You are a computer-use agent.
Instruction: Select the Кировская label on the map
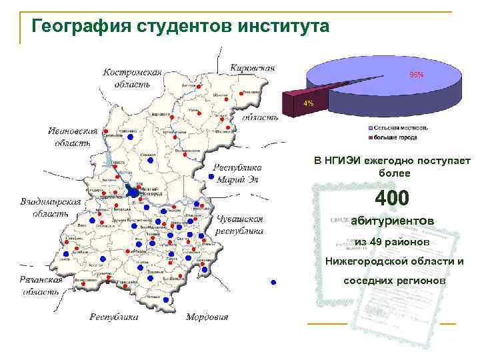click(x=252, y=68)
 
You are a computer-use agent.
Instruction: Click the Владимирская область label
click(x=51, y=207)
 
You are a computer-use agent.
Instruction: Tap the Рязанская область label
click(x=42, y=286)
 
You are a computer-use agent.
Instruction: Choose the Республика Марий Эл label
click(x=237, y=173)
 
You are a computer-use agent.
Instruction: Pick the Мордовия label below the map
click(x=207, y=317)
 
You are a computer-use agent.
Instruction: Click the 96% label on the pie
click(x=416, y=75)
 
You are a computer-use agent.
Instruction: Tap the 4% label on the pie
click(x=308, y=103)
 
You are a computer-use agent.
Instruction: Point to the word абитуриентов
click(x=392, y=220)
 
